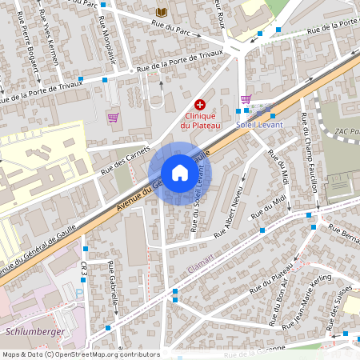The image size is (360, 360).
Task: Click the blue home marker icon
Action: point(180,173)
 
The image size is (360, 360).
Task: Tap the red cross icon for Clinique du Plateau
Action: point(200,105)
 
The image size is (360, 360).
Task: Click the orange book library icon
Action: point(163,12)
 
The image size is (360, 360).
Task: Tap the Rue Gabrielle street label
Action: point(114,279)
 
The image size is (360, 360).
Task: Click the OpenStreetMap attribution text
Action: point(80,354)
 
